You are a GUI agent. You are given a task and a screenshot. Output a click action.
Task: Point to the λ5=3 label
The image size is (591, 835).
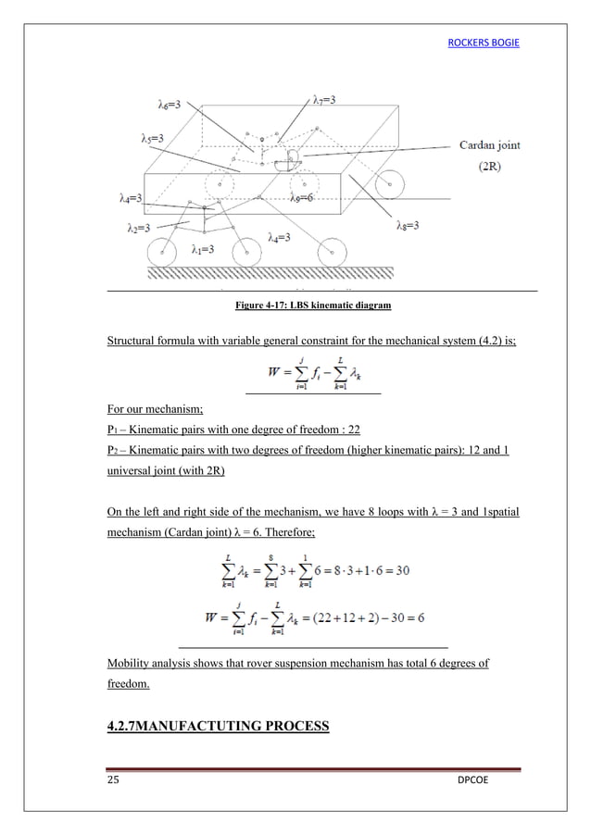[x=146, y=139]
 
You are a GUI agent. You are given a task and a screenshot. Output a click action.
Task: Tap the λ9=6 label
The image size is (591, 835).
[x=303, y=197]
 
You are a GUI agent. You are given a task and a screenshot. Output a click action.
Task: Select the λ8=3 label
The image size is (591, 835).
[x=408, y=225]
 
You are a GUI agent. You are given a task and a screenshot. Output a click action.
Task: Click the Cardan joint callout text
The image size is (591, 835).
[x=495, y=145]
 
